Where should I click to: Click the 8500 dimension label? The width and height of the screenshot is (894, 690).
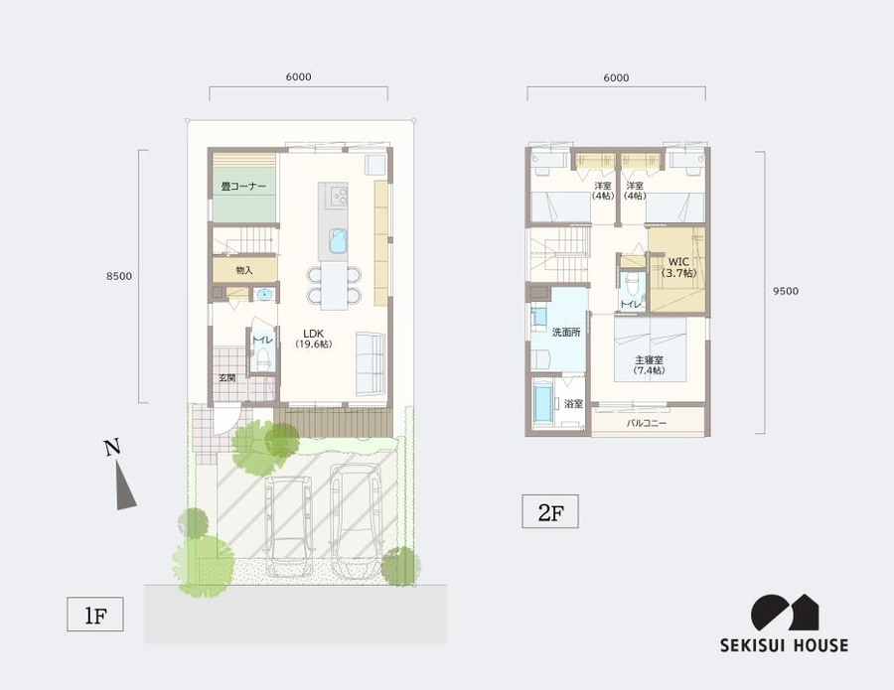119,276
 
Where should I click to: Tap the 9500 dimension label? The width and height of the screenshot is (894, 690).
785,291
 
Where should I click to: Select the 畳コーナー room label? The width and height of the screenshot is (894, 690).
243,187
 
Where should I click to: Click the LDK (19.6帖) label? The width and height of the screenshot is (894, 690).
314,339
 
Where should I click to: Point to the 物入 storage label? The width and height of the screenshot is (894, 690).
244,271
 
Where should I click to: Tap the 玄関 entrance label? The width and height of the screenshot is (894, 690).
226,377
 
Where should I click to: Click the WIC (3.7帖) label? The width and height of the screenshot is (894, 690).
678,267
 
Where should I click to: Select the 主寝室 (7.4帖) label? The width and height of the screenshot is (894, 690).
650,365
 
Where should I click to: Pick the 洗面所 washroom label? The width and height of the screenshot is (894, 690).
566,333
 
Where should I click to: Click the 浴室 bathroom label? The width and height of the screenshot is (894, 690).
573,404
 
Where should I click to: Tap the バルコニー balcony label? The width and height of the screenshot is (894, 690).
647,423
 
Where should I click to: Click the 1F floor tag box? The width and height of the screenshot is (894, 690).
95,615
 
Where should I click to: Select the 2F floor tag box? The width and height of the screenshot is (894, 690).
550,511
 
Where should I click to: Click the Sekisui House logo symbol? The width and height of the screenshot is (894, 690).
785,614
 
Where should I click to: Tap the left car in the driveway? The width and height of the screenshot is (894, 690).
289,526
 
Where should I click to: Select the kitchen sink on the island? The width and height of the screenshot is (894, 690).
338,240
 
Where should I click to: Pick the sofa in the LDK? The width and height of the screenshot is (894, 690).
371,363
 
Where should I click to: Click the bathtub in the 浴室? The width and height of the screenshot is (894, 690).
543,404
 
